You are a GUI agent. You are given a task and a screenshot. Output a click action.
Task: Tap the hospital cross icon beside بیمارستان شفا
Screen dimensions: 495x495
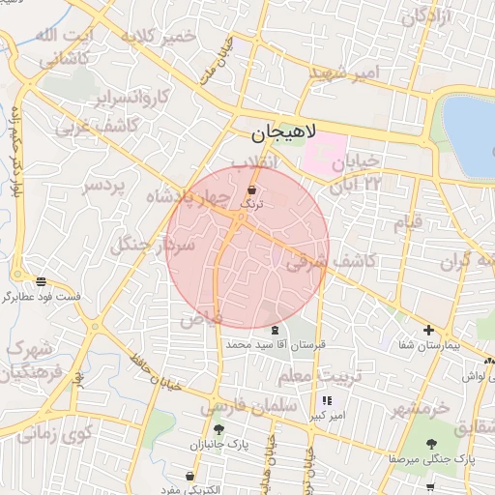[x=428, y=331]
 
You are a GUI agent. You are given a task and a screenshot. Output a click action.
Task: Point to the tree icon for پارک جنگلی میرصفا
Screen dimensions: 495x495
[x=431, y=445]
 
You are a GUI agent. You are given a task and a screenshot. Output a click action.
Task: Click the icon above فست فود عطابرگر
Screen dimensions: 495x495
[x=40, y=282]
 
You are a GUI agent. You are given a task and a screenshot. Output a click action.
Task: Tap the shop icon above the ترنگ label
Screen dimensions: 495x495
[x=252, y=190]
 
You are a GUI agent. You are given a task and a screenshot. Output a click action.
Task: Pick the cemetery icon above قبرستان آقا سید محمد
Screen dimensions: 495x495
[x=260, y=331]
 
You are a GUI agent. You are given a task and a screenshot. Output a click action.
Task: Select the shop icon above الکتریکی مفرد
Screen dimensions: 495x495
[x=189, y=477]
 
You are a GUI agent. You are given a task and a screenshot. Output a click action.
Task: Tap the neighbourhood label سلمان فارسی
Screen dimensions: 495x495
[x=249, y=407]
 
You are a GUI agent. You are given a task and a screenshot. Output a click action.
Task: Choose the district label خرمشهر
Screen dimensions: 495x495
[x=421, y=408]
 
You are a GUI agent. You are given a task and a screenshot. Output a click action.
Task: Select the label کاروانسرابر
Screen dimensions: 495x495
[x=132, y=97]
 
